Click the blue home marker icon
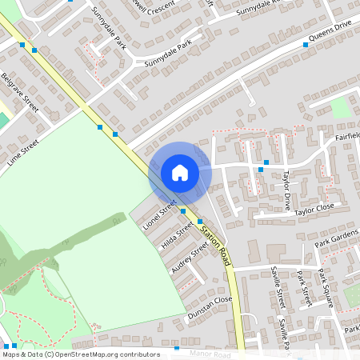180,173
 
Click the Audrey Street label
190,258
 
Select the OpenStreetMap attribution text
80,354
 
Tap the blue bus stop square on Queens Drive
306,45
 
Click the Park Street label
302,289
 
